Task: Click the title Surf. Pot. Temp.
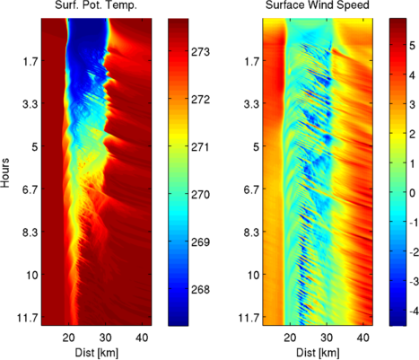[96, 5]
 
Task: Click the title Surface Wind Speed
[318, 4]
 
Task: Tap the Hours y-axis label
[5, 172]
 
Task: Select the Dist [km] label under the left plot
[96, 353]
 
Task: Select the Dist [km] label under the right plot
[318, 353]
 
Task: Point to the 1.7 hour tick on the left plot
[30, 61]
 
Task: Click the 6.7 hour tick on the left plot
[30, 189]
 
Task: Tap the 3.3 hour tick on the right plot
[251, 104]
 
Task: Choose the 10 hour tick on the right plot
[254, 275]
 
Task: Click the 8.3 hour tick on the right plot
[251, 233]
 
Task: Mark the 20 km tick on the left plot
[69, 338]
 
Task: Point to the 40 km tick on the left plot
[142, 338]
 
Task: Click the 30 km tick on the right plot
[327, 338]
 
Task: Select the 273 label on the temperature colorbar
[201, 52]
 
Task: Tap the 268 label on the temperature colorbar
[201, 289]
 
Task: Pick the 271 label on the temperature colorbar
[201, 147]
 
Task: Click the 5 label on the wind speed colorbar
[413, 46]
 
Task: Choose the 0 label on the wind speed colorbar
[413, 193]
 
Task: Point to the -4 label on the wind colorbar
[414, 311]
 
